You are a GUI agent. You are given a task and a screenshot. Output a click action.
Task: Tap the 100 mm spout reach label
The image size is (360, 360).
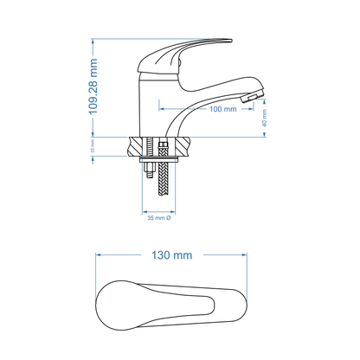[199, 110]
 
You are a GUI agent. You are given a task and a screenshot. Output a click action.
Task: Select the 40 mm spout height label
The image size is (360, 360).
[265, 123]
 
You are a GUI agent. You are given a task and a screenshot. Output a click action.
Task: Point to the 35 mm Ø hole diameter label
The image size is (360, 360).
[157, 218]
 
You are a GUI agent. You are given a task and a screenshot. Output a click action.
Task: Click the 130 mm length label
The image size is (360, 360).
[170, 255]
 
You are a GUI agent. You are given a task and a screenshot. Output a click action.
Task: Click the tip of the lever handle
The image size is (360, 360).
[228, 40]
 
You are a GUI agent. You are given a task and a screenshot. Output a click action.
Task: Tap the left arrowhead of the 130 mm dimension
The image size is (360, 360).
[98, 255]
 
